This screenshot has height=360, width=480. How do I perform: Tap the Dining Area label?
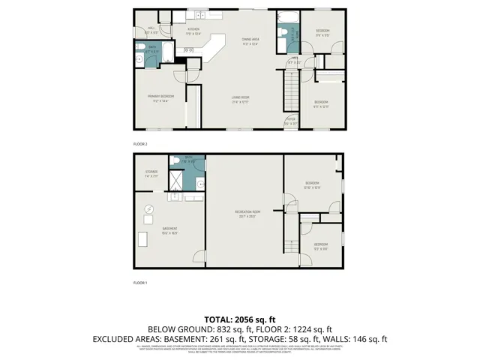[250, 41]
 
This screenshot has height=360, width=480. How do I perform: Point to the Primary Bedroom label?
[160, 97]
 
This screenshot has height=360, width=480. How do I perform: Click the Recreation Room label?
[247, 214]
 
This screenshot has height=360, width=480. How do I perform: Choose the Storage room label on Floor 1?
[151, 174]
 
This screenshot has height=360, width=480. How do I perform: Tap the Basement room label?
[169, 230]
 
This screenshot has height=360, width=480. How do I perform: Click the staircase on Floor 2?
[290, 90]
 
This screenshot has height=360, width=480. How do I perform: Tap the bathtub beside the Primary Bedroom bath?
[168, 53]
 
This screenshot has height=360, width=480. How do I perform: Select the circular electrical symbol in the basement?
[148, 209]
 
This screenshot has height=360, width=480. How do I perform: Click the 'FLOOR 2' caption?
[140, 144]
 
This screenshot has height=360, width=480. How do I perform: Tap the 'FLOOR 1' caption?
[140, 283]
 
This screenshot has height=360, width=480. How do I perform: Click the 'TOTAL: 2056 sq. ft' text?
[240, 319]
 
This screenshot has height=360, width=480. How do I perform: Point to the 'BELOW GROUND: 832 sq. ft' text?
[193, 329]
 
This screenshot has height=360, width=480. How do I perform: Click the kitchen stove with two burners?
[188, 50]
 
